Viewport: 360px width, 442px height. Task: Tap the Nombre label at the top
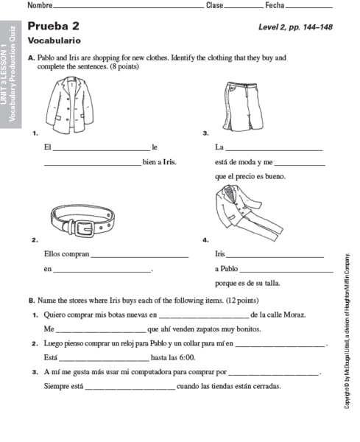[x=40, y=6]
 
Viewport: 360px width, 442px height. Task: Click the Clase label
[x=215, y=6]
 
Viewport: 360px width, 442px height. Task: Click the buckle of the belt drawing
[x=94, y=222]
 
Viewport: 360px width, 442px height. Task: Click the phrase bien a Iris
[x=160, y=161]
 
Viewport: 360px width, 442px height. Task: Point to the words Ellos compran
[x=66, y=254]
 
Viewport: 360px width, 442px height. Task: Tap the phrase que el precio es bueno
[x=250, y=176]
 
